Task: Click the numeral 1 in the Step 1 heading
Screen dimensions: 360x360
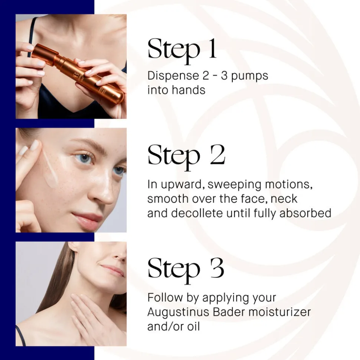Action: click(212, 49)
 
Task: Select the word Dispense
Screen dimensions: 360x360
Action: click(173, 76)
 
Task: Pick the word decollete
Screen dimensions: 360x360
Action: click(197, 213)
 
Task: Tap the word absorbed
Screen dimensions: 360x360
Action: click(305, 213)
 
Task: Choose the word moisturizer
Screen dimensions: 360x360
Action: click(279, 312)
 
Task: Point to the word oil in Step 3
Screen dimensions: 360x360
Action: click(193, 326)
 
